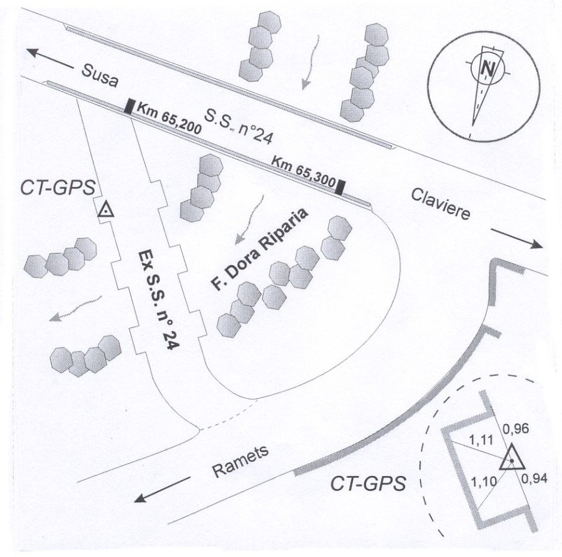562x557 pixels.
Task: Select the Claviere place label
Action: [440, 203]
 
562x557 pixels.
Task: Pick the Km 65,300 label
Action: [302, 170]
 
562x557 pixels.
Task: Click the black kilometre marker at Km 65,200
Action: [130, 106]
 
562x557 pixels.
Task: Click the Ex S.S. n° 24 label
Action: [159, 300]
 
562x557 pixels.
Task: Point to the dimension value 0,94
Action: [536, 480]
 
